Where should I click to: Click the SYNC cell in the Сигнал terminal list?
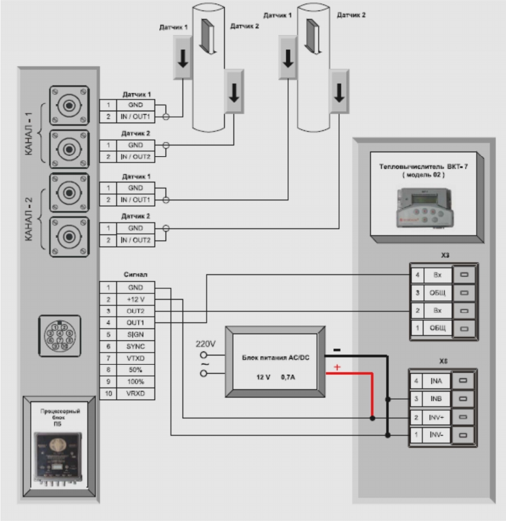tap(135, 346)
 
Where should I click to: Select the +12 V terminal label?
tap(135, 299)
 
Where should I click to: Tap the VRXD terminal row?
tap(135, 393)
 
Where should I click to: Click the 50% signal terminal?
tap(135, 370)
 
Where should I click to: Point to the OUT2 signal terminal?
tap(135, 310)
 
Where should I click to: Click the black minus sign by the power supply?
tap(336, 350)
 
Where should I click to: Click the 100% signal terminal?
tap(135, 381)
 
